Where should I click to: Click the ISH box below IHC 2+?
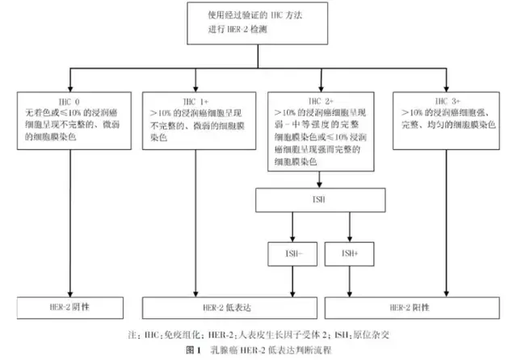tap(322, 200)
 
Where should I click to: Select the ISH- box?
tap(291, 254)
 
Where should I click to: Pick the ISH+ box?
tap(350, 254)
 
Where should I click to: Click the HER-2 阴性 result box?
tap(70, 308)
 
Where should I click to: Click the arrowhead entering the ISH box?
tap(322, 186)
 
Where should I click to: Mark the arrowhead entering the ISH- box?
tap(291, 241)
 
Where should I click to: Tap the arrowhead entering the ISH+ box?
tap(350, 241)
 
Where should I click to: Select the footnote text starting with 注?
tap(258, 334)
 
